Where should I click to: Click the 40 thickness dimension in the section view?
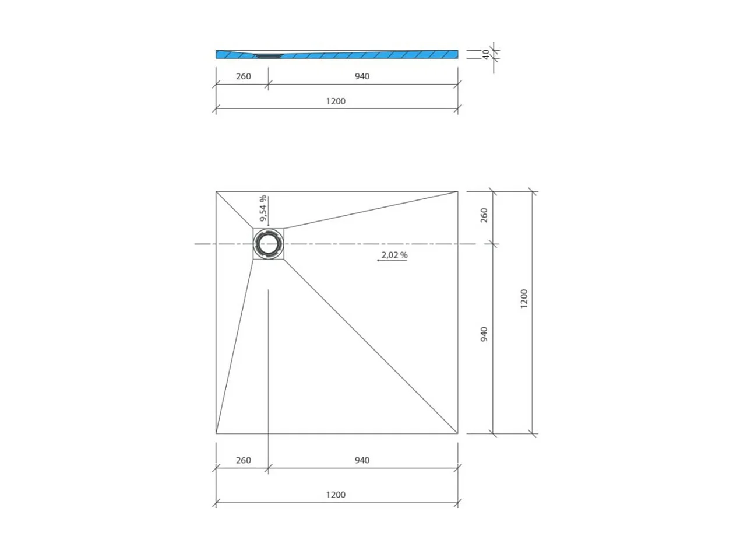(485, 54)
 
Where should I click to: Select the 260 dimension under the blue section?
(243, 76)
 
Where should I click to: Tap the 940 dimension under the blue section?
(361, 76)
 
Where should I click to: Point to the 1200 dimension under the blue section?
(336, 101)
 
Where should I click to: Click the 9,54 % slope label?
(263, 209)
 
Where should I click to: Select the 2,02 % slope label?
(394, 255)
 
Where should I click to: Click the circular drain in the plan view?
(269, 244)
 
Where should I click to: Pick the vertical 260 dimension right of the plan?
(484, 216)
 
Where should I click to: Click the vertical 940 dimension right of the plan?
(484, 334)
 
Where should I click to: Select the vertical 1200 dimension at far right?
(523, 299)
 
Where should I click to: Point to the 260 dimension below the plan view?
(243, 460)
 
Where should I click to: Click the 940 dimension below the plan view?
(361, 460)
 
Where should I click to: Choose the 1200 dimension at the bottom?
(336, 495)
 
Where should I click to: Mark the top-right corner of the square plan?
(457, 191)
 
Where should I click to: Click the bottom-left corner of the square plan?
(216, 434)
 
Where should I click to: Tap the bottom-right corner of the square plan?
(457, 434)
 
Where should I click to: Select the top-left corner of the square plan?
(216, 191)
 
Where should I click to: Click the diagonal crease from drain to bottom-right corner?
(371, 346)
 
